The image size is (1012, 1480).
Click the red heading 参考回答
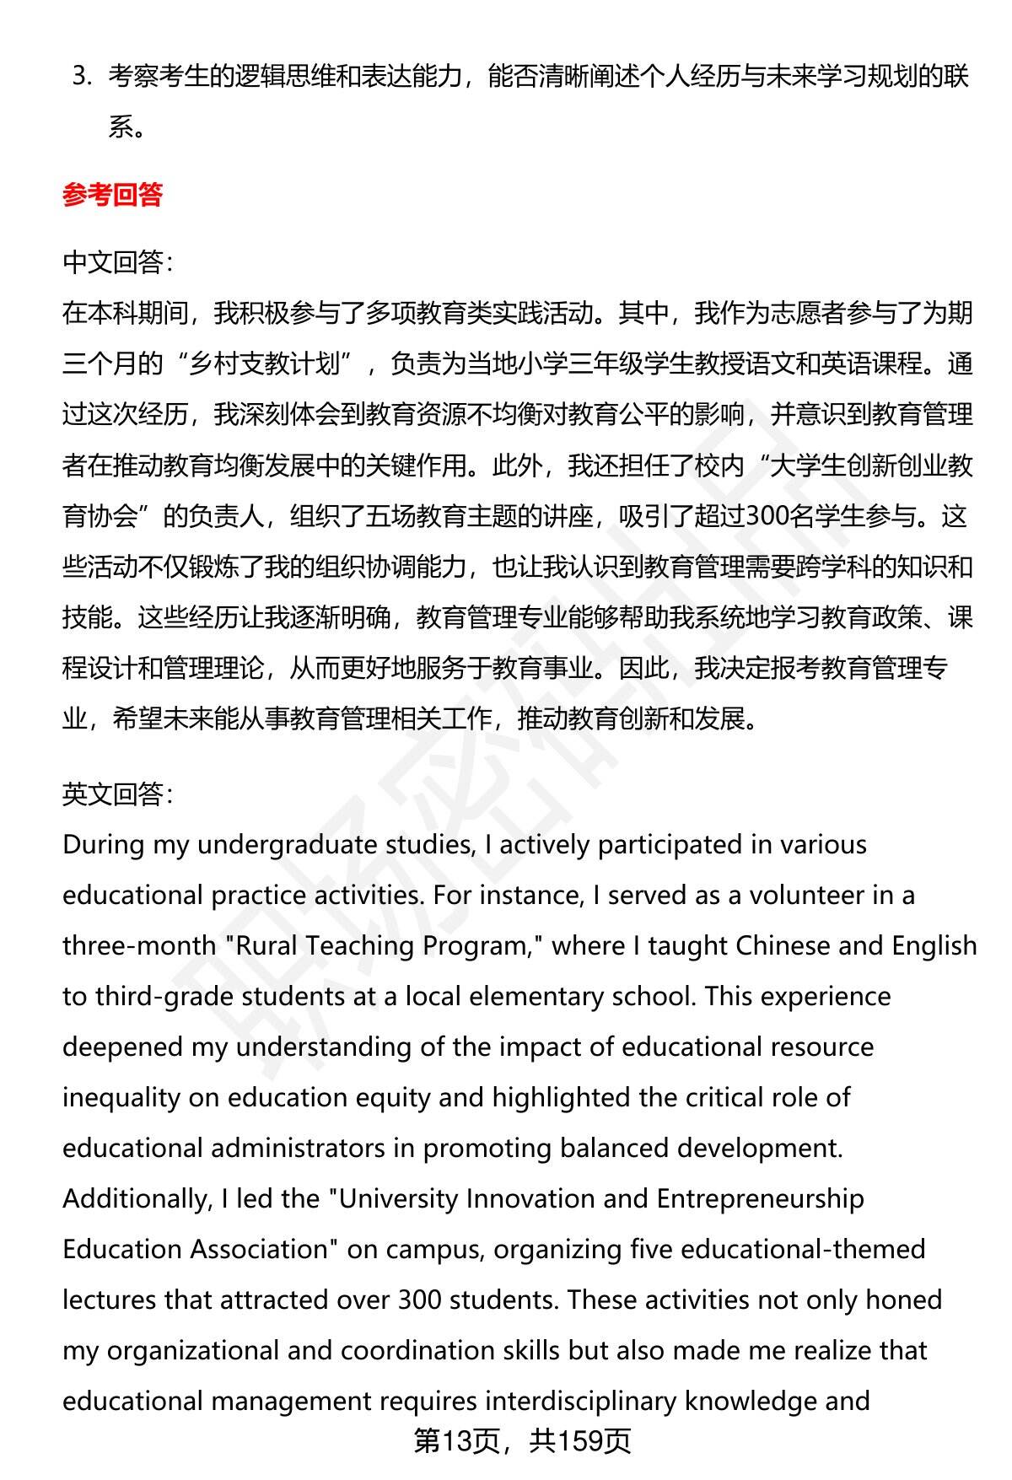pyautogui.click(x=112, y=196)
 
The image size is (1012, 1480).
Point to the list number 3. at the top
pyautogui.click(x=81, y=77)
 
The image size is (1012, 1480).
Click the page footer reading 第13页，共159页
pyautogui.click(x=522, y=1442)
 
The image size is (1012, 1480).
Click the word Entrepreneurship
pyautogui.click(x=760, y=1199)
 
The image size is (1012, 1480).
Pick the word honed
pyautogui.click(x=905, y=1300)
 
